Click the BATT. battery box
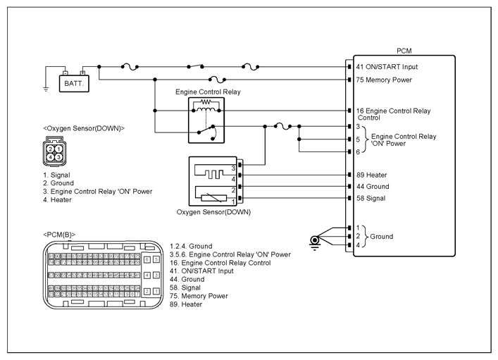[x=75, y=83]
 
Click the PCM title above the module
[x=404, y=51]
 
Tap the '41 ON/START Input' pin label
[x=387, y=67]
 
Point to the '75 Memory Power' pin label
[x=385, y=80]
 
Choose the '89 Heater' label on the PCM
[x=371, y=175]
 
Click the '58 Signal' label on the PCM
[x=371, y=199]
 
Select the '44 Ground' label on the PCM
[x=373, y=187]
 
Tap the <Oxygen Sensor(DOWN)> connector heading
[x=83, y=128]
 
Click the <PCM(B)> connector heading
[x=59, y=234]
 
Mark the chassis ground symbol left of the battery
[x=45, y=89]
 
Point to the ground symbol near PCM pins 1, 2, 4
[x=314, y=241]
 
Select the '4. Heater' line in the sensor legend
[x=56, y=200]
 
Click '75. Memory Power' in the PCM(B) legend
[x=200, y=296]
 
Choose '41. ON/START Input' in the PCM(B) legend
[x=202, y=271]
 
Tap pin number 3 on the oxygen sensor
[x=234, y=168]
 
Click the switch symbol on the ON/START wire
[x=197, y=66]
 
